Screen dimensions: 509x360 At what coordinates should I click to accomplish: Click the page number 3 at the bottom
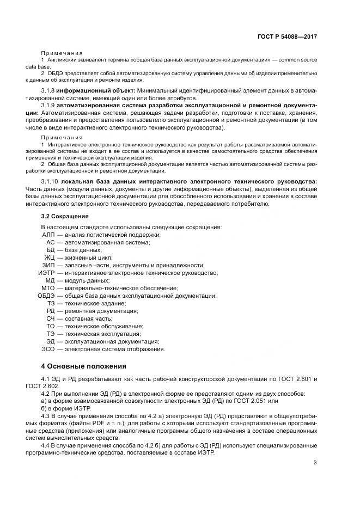315,448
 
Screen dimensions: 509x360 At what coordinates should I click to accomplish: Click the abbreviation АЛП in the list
48,235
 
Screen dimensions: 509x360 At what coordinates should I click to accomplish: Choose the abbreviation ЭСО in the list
48,349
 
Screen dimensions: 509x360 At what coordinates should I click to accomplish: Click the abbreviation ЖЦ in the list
50,257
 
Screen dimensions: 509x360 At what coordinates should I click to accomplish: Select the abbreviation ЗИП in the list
48,265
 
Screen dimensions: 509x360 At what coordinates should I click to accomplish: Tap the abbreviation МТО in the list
48,288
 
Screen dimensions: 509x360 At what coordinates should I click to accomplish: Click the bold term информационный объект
97,90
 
